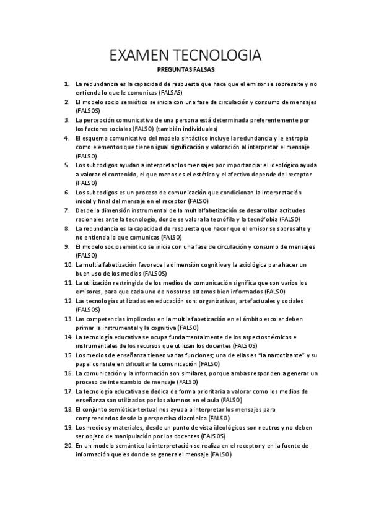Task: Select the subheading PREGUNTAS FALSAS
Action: click(x=185, y=71)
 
